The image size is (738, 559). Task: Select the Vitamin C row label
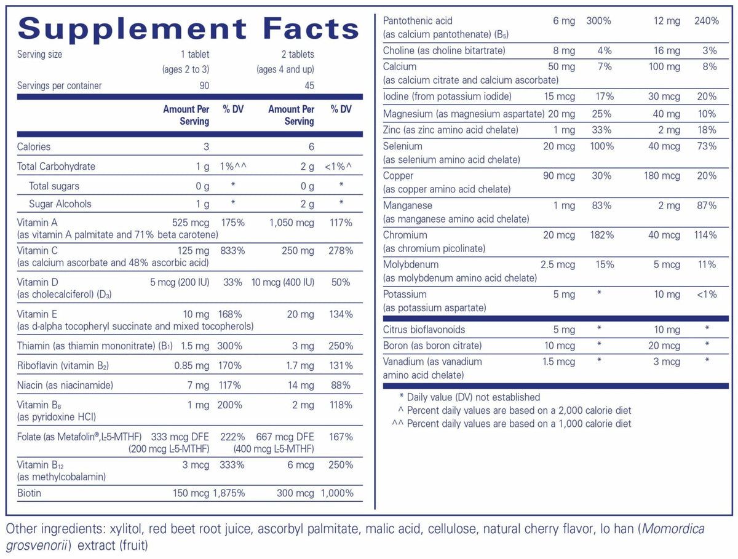(x=38, y=251)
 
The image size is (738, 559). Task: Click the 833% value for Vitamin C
(x=232, y=251)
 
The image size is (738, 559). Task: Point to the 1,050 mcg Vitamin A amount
(x=292, y=223)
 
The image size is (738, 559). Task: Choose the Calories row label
(x=34, y=146)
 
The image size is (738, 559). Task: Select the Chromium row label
(x=405, y=235)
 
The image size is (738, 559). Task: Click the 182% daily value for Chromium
(x=600, y=235)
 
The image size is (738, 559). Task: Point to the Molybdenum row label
(x=410, y=264)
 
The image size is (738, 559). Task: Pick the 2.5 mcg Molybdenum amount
(x=557, y=264)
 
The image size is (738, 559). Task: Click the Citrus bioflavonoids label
(x=424, y=330)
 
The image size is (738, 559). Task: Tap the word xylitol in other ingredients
(x=125, y=529)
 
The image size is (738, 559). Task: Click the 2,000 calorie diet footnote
(x=519, y=410)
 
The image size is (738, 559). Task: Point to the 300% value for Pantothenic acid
(x=598, y=21)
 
